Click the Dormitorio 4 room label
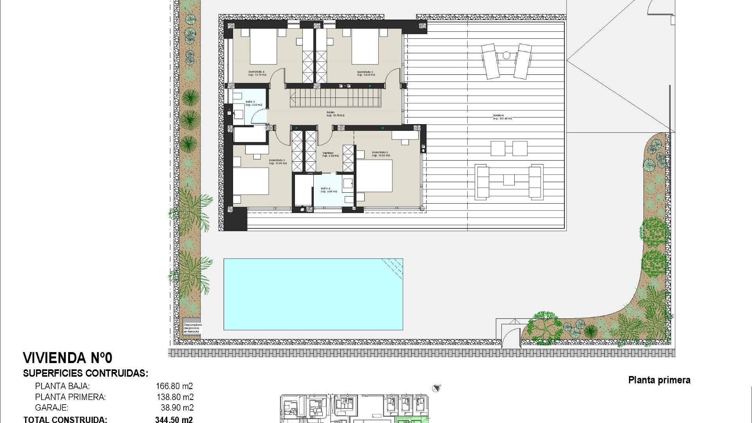257,72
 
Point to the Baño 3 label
250,102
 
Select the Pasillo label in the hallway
331,112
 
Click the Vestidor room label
328,153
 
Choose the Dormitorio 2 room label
380,153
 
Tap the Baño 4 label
325,188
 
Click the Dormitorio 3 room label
277,161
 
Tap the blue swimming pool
313,294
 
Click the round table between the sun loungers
506,56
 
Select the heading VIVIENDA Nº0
67,358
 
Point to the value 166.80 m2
174,386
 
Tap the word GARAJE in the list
52,408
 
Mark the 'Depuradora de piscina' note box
192,328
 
